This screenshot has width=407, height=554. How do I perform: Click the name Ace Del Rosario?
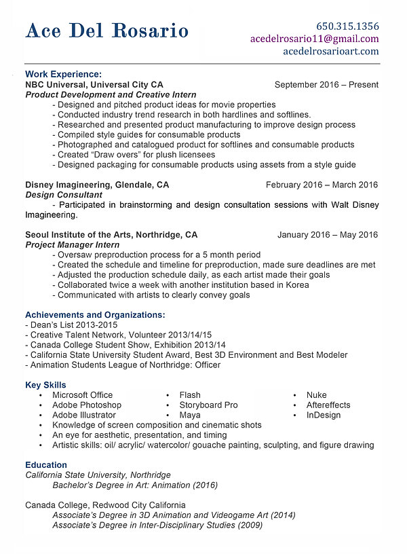click(x=107, y=31)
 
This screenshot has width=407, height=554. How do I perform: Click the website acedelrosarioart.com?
click(x=330, y=51)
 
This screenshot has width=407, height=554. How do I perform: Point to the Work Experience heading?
click(x=63, y=74)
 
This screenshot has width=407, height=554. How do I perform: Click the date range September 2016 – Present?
click(x=326, y=85)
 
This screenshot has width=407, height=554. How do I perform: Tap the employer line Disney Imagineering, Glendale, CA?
click(x=97, y=185)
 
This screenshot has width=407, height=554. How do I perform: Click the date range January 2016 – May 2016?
click(x=328, y=235)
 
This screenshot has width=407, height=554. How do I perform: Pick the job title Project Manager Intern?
click(x=72, y=245)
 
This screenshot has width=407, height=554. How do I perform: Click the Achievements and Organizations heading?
click(x=95, y=315)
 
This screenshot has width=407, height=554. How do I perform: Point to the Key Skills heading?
click(x=45, y=385)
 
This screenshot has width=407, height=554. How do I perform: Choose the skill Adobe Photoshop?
click(x=87, y=405)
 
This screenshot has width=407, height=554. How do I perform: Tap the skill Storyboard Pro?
click(x=208, y=405)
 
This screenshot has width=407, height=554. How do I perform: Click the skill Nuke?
click(x=316, y=395)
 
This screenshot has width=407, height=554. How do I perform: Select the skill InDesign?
click(x=323, y=415)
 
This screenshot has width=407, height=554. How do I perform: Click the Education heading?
click(x=46, y=465)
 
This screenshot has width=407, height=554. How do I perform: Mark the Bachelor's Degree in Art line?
click(x=135, y=485)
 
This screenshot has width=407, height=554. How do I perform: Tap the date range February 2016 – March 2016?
click(x=322, y=185)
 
